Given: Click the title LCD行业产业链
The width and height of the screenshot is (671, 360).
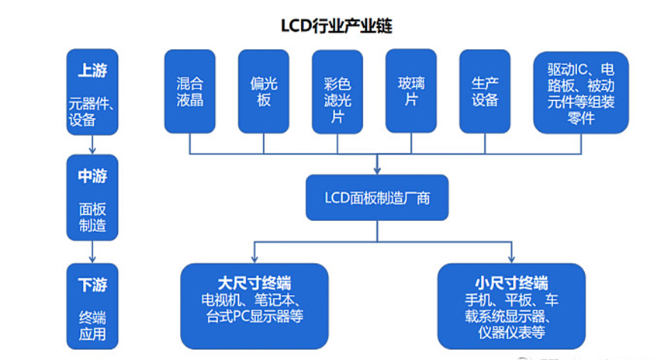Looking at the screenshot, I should [336, 26].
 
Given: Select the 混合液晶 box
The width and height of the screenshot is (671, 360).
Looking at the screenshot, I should [189, 91].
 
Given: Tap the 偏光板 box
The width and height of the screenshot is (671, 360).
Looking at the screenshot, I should [264, 91].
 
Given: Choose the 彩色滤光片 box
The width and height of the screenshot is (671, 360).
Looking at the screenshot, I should [337, 91].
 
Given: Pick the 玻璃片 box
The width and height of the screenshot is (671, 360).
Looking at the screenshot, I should [412, 91].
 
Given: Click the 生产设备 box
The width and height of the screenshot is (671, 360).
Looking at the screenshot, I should [485, 91].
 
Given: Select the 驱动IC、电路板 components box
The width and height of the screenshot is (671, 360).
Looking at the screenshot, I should [581, 91].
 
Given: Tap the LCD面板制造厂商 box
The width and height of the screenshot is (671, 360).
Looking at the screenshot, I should [377, 197].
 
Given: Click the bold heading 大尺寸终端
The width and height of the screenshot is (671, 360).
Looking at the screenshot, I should [254, 280].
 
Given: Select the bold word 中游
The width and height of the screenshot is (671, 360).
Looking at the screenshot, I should [92, 175].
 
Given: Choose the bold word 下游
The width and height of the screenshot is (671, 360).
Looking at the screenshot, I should [92, 284].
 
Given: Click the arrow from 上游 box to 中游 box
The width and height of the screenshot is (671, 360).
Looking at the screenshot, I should [92, 143].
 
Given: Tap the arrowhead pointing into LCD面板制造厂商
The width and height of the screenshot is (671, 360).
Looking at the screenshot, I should [377, 168].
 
